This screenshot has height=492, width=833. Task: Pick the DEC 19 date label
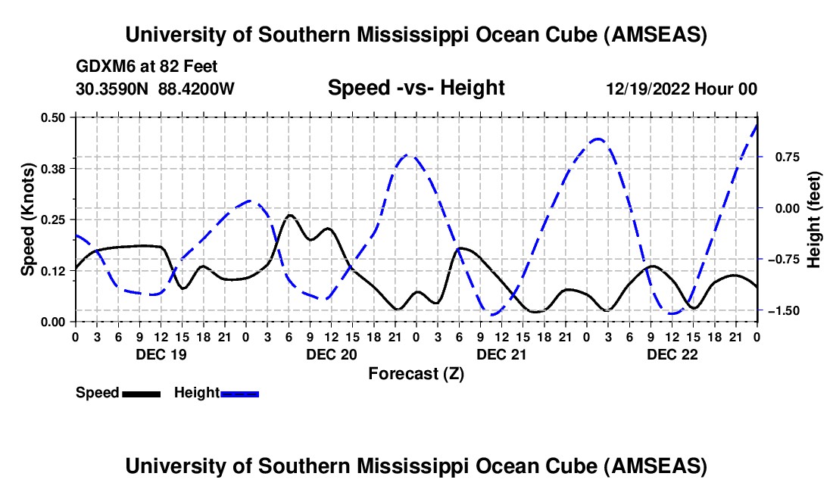(x=159, y=353)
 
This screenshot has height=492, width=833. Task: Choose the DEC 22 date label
(x=669, y=353)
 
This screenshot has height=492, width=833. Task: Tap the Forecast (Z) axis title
(x=416, y=373)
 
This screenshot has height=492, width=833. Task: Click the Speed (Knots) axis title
(x=27, y=219)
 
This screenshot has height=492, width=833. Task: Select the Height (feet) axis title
(x=814, y=219)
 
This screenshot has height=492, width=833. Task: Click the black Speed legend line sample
(x=141, y=394)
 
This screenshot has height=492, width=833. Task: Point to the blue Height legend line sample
(x=239, y=394)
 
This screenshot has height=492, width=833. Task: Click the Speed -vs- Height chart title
(x=416, y=89)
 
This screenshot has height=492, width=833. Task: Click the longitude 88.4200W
(x=196, y=89)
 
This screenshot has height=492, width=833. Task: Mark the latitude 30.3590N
(x=113, y=89)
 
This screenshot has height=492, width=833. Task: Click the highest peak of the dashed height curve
(x=757, y=123)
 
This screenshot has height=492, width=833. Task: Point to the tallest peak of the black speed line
(x=289, y=215)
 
